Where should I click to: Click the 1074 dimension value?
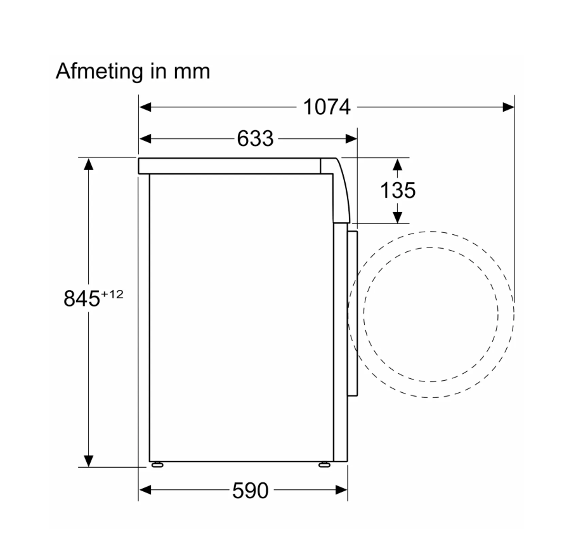click(x=327, y=107)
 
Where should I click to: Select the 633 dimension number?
click(x=255, y=139)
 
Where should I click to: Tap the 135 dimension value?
click(x=398, y=190)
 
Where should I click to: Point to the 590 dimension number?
click(x=251, y=490)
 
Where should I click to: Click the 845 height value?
click(x=82, y=298)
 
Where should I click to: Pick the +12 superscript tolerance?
click(x=112, y=294)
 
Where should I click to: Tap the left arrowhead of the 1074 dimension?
click(x=145, y=107)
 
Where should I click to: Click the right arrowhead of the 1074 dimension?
click(x=508, y=107)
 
